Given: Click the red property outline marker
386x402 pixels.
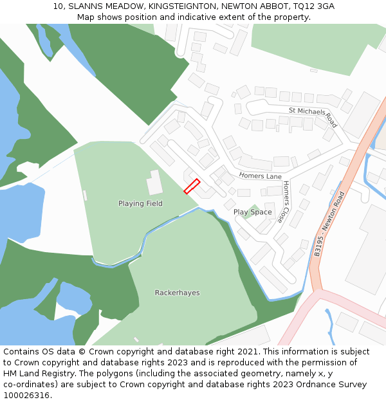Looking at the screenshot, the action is pyautogui.click(x=192, y=187).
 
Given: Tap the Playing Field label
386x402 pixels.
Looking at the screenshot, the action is pyautogui.click(x=140, y=204).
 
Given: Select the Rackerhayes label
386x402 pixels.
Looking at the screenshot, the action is pyautogui.click(x=177, y=293).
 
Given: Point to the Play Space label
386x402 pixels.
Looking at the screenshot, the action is pyautogui.click(x=252, y=212).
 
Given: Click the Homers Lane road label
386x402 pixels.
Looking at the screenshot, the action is pyautogui.click(x=261, y=176).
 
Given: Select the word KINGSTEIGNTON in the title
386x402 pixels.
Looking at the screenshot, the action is pyautogui.click(x=178, y=6).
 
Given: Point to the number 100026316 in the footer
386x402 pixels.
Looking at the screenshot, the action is pyautogui.click(x=26, y=396).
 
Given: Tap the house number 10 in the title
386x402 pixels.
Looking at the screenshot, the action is pyautogui.click(x=58, y=6).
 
